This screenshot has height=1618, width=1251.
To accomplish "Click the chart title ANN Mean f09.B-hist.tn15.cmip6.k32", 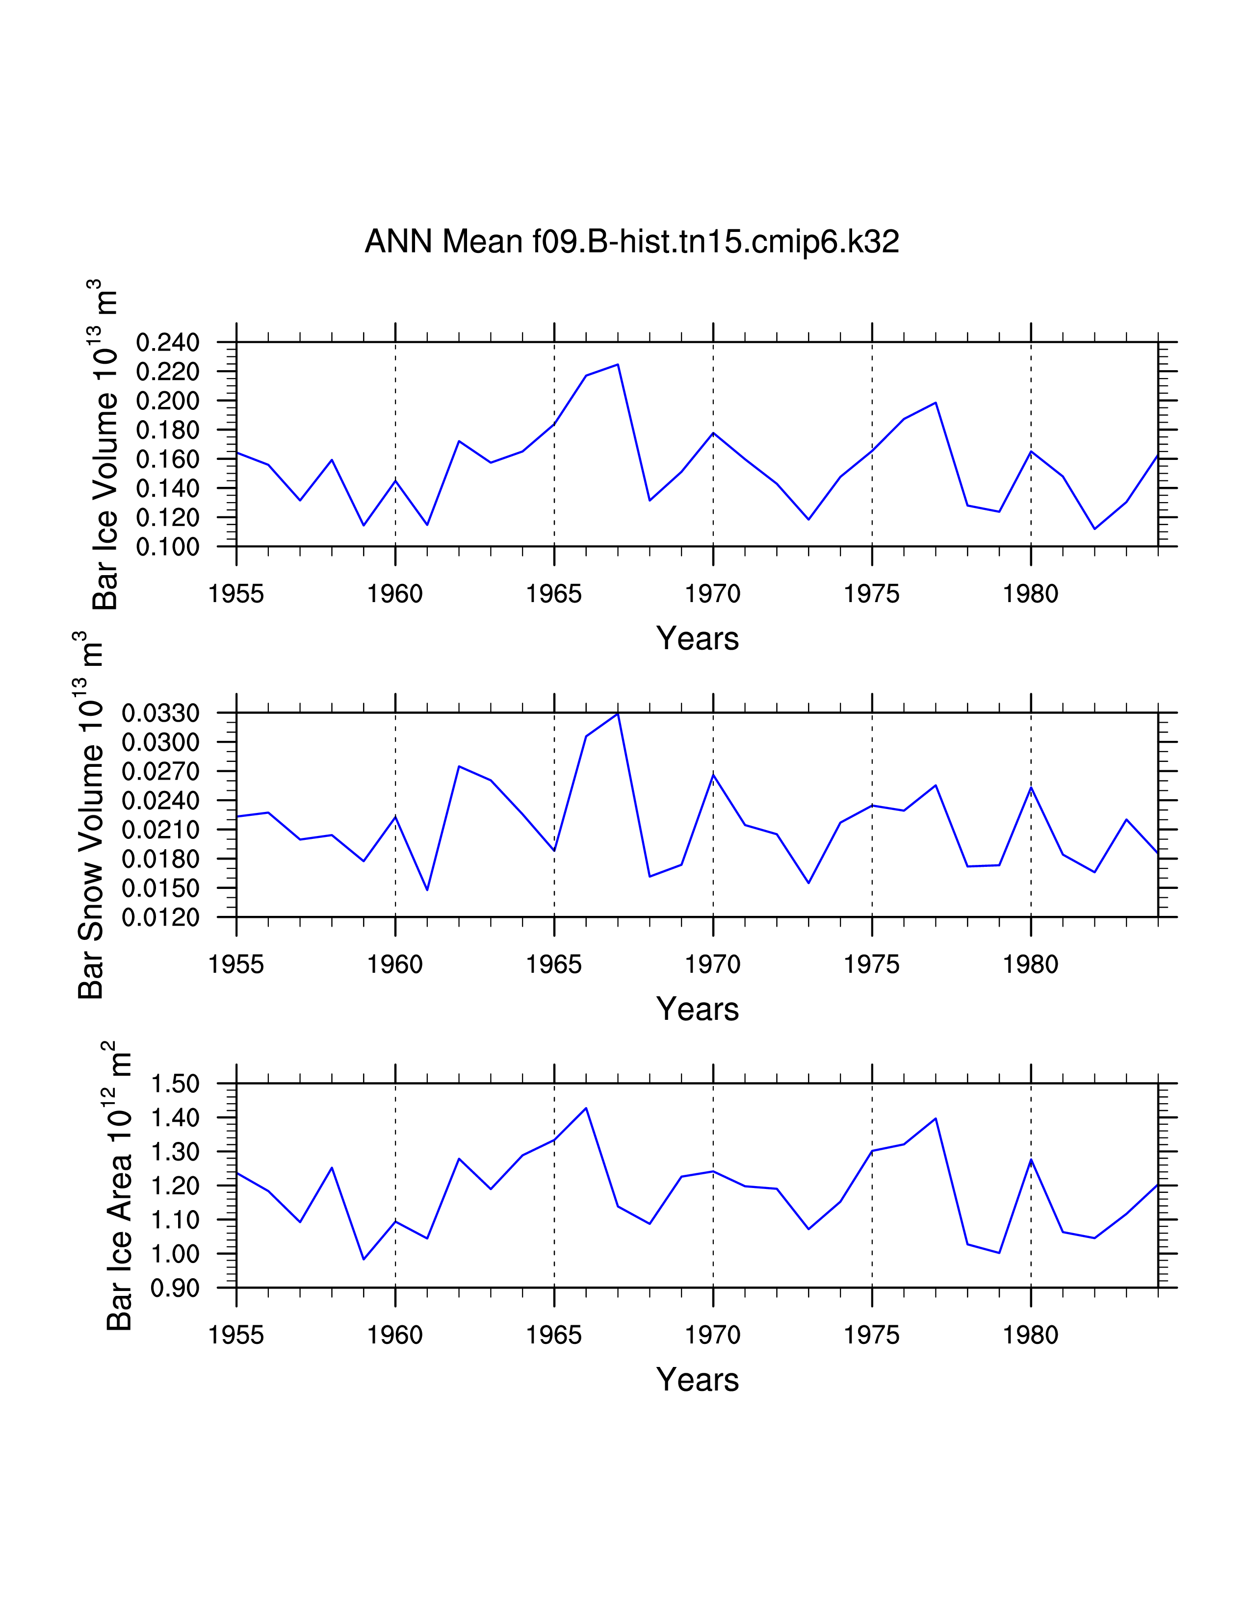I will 631,242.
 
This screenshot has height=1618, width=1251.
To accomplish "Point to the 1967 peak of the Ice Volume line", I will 617,364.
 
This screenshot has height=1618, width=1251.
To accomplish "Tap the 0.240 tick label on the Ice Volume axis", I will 167,343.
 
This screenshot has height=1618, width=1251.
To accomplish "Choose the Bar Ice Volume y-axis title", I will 105,445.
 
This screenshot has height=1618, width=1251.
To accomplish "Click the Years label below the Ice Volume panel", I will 698,638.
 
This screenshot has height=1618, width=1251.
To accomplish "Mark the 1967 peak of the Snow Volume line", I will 617,713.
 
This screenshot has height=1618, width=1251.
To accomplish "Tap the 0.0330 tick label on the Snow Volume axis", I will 161,713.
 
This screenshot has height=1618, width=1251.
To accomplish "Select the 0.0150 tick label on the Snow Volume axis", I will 161,888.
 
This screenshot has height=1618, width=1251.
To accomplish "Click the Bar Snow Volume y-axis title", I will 90,815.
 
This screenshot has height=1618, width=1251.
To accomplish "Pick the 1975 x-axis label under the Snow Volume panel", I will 872,964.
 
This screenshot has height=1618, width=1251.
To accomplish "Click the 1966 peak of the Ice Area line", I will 586,1108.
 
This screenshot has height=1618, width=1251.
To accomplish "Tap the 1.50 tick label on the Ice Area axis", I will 175,1084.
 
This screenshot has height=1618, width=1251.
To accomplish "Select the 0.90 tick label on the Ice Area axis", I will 175,1289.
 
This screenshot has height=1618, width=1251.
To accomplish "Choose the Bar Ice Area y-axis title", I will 119,1186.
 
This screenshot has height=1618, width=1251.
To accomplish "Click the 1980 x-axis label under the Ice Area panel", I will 1030,1335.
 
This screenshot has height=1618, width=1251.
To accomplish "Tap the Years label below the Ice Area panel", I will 698,1379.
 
